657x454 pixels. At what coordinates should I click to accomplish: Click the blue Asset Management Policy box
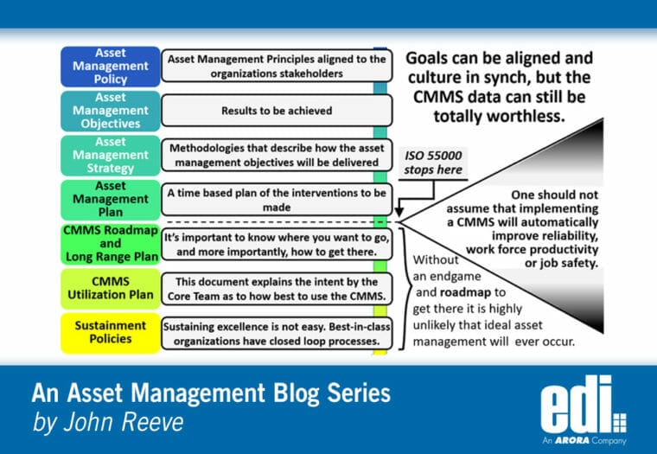[x=111, y=66]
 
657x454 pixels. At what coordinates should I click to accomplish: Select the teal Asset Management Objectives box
[x=111, y=110]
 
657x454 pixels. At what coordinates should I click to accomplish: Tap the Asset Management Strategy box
[x=111, y=154]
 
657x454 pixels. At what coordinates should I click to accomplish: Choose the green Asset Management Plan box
[x=111, y=199]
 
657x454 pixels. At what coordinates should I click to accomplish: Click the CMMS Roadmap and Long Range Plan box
[x=111, y=243]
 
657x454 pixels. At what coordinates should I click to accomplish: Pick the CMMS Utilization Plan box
[x=111, y=288]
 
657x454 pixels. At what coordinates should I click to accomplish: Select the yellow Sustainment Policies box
[x=111, y=332]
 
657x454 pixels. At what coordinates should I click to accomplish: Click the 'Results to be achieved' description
[x=276, y=111]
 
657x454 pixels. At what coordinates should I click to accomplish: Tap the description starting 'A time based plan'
[x=276, y=200]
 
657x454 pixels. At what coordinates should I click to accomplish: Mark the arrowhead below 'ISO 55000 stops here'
[x=399, y=210]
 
